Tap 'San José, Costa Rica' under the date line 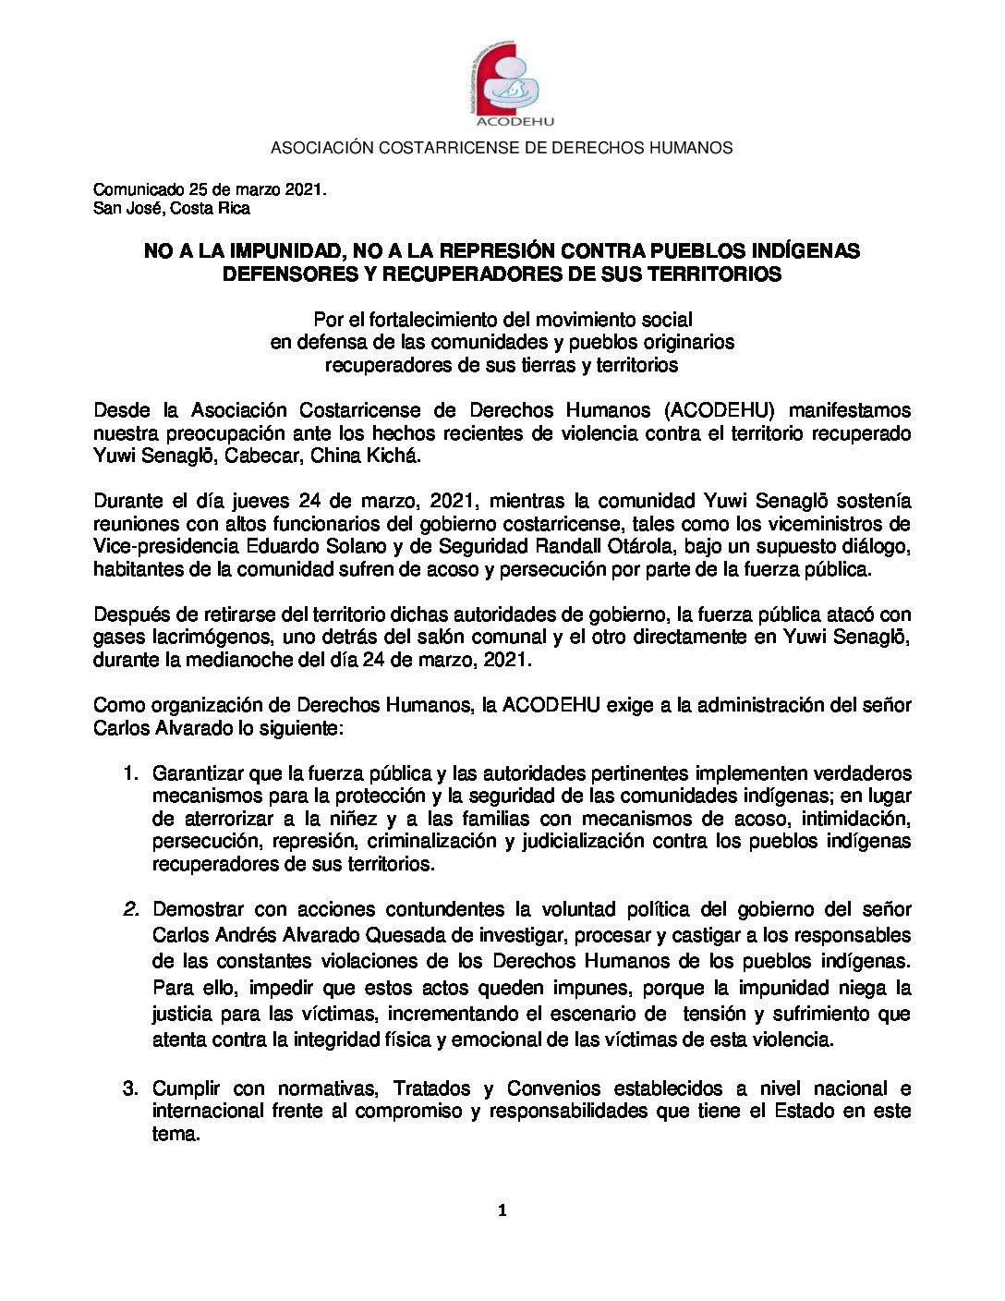[x=171, y=208]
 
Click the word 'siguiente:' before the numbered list [x=297, y=727]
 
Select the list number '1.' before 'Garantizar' [x=130, y=773]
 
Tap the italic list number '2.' [x=130, y=909]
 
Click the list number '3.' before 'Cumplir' [x=130, y=1088]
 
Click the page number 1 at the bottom [x=502, y=1210]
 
